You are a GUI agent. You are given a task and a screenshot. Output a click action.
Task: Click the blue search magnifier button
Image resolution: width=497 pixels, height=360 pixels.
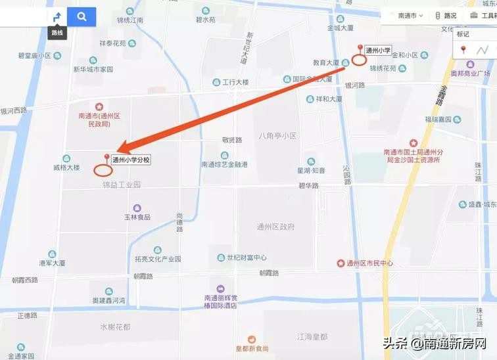pyautogui.click(x=82, y=16)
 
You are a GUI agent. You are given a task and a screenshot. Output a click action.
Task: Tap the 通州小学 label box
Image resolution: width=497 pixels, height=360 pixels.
pyautogui.click(x=379, y=50)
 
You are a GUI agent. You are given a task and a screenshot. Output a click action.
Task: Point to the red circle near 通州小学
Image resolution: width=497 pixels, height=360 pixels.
pyautogui.click(x=358, y=60)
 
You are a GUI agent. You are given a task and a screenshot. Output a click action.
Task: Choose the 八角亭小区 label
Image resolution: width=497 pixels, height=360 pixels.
pyautogui.click(x=277, y=136)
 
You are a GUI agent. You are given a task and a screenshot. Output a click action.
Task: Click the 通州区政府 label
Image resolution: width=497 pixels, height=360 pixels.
pyautogui.click(x=275, y=227)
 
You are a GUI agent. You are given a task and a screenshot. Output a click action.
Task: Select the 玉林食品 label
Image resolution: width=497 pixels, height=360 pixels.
pyautogui.click(x=138, y=217)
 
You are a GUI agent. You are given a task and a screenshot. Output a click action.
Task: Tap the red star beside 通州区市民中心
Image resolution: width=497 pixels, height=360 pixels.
pyautogui.click(x=341, y=263)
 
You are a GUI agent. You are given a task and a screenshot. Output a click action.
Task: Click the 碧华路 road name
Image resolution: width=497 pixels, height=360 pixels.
pyautogui.click(x=308, y=186)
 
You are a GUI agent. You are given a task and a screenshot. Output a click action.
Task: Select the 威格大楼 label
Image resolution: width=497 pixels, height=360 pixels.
pyautogui.click(x=66, y=168)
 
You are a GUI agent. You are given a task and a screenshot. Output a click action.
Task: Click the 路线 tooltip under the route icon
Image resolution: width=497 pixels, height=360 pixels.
pyautogui.click(x=58, y=32)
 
